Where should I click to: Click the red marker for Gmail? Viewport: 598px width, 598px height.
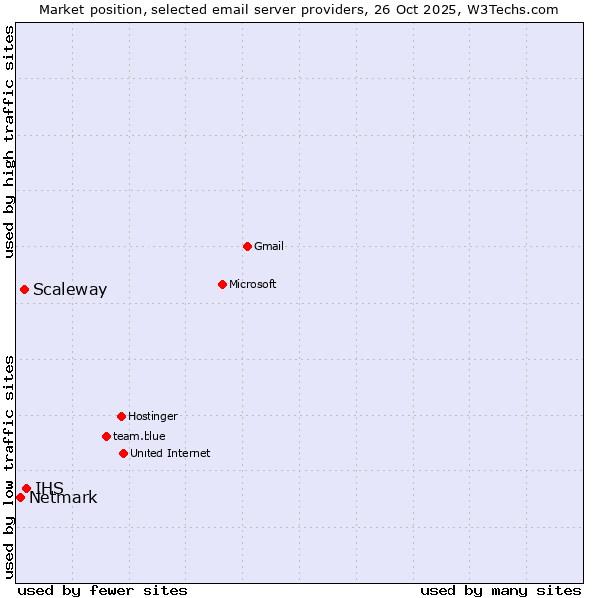[247, 246]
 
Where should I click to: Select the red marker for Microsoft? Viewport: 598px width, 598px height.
[222, 284]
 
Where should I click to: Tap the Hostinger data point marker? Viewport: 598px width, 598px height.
[121, 416]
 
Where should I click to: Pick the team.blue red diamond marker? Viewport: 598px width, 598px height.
[106, 436]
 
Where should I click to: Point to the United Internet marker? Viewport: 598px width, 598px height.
[123, 453]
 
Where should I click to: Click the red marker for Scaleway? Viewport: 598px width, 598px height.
[24, 289]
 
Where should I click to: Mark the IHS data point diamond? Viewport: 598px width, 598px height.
[26, 488]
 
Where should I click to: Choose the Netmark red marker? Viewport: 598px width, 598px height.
[20, 497]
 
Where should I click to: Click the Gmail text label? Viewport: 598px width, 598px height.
[269, 246]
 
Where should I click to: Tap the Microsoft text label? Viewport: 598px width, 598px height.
[253, 284]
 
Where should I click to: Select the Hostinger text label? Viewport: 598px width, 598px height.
[152, 416]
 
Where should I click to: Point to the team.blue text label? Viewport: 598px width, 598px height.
[140, 436]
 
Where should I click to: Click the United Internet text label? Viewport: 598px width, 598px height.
[170, 453]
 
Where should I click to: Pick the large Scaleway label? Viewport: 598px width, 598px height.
[70, 290]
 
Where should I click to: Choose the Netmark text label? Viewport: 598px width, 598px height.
[64, 498]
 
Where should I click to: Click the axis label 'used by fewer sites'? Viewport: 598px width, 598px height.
[103, 590]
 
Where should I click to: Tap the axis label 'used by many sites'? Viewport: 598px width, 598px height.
[500, 590]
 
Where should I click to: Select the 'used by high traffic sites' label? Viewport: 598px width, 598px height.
[9, 142]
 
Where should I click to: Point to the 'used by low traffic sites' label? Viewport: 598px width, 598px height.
[9, 465]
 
